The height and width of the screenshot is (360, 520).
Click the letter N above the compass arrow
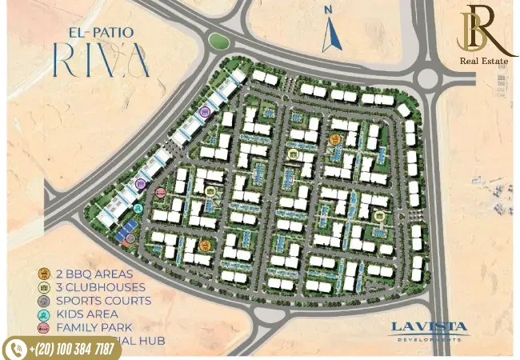click(x=327, y=11)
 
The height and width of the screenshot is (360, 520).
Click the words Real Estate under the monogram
click(x=484, y=61)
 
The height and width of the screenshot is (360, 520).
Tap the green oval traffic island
click(x=218, y=40)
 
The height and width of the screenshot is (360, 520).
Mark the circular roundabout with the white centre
click(x=429, y=78)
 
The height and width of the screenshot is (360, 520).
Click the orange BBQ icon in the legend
click(x=43, y=274)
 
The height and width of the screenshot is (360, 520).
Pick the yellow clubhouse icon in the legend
click(x=43, y=287)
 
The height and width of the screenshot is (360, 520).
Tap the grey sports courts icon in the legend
click(x=43, y=301)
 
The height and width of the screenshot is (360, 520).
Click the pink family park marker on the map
click(x=161, y=193)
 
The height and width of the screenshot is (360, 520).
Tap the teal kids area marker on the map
click(x=138, y=209)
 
